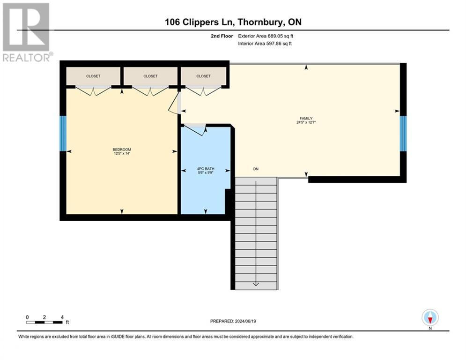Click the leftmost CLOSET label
[93, 76]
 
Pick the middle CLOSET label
[150, 76]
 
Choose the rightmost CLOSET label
[203, 76]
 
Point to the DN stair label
[256, 169]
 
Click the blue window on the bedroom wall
[63, 134]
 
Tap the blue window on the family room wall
[403, 134]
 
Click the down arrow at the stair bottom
[256, 283]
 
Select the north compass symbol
[430, 318]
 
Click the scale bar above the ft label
[44, 322]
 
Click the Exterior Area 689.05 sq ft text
[266, 36]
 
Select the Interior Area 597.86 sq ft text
[265, 44]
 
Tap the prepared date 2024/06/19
[234, 321]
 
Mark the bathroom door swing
[194, 129]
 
